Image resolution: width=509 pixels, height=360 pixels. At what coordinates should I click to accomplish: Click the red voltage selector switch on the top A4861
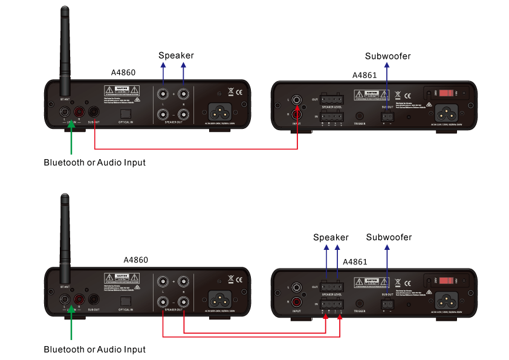pos(446,94)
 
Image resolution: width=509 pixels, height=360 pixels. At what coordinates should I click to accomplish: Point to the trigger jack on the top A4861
pos(360,115)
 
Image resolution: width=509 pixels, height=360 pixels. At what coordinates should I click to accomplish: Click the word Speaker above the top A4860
pos(176,56)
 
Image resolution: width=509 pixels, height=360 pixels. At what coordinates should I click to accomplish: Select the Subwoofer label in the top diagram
pos(387,56)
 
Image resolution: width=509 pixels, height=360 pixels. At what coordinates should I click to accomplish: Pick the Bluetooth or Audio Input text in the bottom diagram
pos(94,349)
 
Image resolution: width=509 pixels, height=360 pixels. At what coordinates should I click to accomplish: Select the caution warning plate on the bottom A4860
pos(122,279)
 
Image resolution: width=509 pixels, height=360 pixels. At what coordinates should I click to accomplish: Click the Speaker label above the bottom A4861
pos(331,237)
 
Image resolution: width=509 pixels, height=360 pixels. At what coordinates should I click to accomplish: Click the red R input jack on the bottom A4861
pos(297,302)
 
